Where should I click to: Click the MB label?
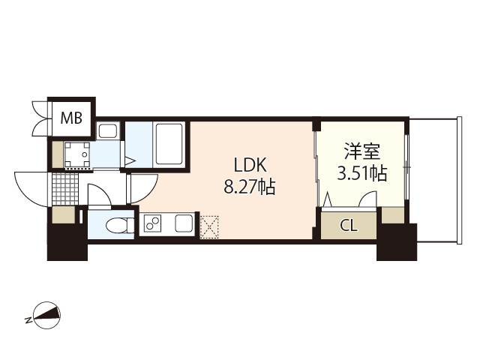point(72,117)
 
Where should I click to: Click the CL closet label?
point(348,225)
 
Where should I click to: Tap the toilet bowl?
point(115,224)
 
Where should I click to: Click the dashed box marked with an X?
point(208,225)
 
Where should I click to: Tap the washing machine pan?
point(77,154)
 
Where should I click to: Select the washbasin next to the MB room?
point(107,132)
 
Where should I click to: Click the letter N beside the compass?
point(28,320)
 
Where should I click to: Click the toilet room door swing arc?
point(97,194)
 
